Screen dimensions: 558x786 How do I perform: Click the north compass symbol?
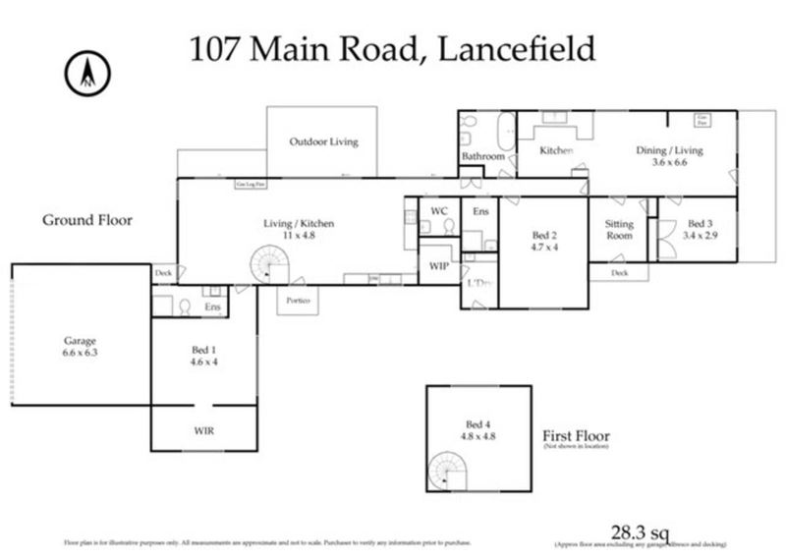[x=88, y=72]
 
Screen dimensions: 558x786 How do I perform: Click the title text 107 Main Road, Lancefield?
[x=393, y=49]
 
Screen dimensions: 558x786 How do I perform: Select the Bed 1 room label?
[x=203, y=353]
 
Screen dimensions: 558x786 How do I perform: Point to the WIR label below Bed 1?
[x=203, y=429]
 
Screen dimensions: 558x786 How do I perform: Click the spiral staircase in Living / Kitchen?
[x=265, y=264]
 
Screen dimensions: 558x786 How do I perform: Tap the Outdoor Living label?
[x=323, y=141]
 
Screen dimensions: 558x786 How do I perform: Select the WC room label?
[x=438, y=210]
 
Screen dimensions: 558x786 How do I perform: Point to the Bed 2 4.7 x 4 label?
[x=544, y=242]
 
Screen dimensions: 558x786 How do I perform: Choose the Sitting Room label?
[x=619, y=230]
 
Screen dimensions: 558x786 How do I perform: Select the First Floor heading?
[x=577, y=435]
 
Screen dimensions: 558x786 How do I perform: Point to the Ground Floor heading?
[x=86, y=220]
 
